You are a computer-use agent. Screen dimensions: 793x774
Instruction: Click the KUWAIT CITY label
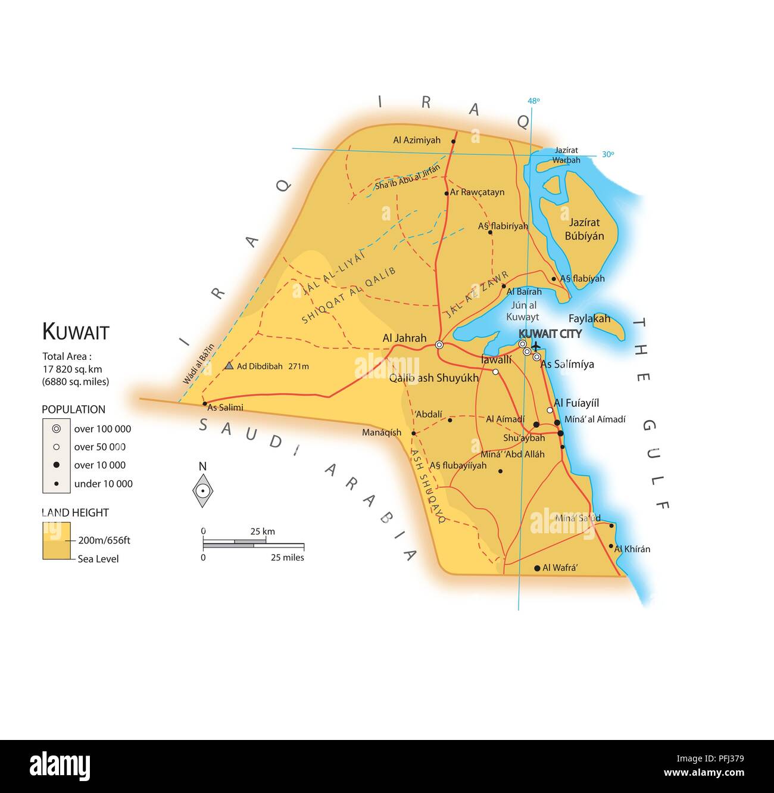(x=550, y=334)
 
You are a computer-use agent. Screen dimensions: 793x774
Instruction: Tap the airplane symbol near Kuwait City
(x=535, y=346)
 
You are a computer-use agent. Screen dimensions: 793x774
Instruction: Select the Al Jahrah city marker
(x=439, y=345)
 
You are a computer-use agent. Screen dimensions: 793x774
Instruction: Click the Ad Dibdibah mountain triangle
(x=229, y=366)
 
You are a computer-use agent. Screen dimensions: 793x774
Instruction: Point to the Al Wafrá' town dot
(x=537, y=568)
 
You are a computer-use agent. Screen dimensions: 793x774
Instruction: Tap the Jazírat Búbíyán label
(x=584, y=229)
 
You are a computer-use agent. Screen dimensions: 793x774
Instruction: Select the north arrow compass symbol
(x=203, y=490)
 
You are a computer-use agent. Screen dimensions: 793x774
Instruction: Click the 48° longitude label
(x=533, y=101)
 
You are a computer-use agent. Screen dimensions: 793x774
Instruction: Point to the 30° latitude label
(x=607, y=154)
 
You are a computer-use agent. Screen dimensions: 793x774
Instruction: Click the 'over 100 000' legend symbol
(x=57, y=428)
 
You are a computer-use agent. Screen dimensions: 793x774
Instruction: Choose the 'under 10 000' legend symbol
(x=57, y=484)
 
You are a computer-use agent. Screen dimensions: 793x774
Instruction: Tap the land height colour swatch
(x=57, y=541)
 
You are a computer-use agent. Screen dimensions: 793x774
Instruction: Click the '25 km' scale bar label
(x=262, y=531)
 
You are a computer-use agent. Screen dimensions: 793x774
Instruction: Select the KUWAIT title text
(x=76, y=332)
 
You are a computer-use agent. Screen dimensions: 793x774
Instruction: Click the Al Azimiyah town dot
(x=454, y=141)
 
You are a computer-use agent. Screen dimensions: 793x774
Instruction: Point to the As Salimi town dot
(x=205, y=403)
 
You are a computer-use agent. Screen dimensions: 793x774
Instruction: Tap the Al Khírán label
(x=632, y=549)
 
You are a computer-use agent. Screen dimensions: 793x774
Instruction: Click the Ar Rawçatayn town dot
(x=447, y=193)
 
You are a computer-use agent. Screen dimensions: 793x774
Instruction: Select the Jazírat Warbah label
(x=566, y=156)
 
